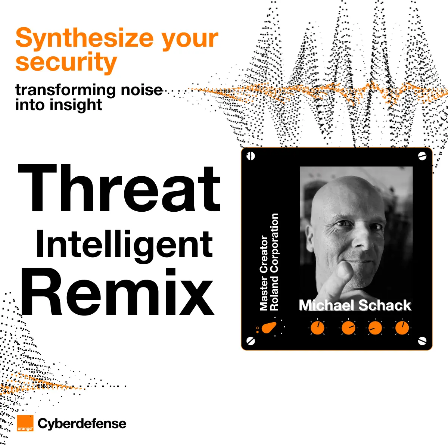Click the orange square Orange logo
tap(25, 423)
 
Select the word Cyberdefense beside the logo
tap(82, 423)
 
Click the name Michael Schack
tap(355, 305)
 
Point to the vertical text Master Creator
tap(264, 273)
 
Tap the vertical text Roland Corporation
tap(274, 262)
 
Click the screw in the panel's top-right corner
tap(422, 156)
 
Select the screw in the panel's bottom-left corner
tap(251, 341)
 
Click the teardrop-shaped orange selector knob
tap(269, 328)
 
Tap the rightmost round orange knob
tap(402, 328)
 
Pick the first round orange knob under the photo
tap(317, 328)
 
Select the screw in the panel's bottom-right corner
tap(422, 341)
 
